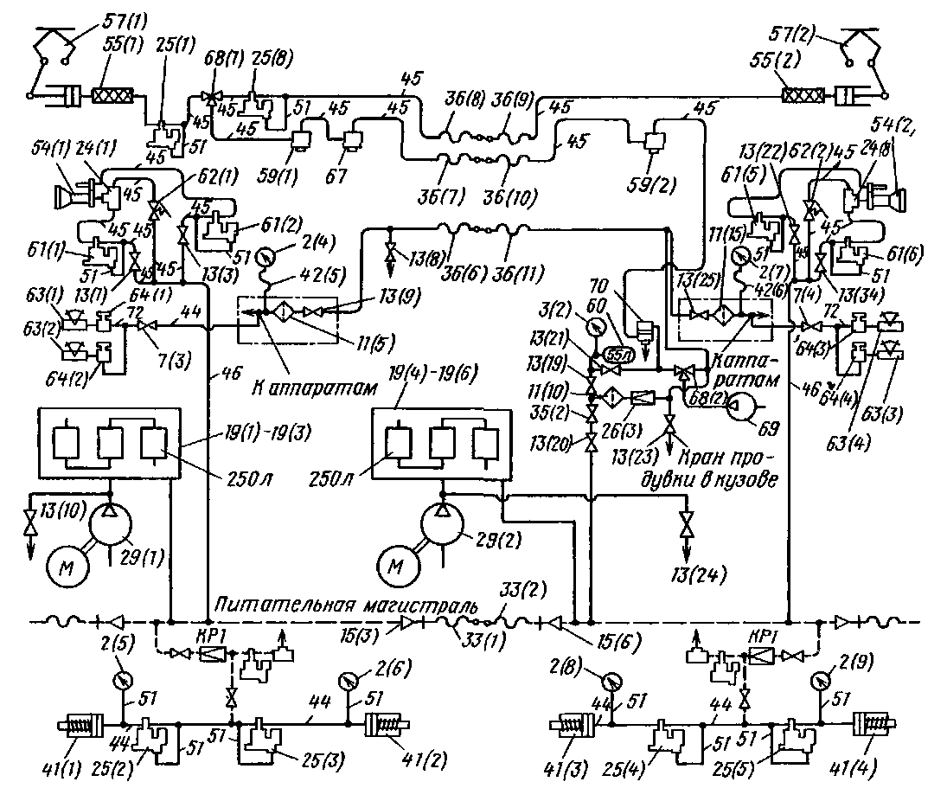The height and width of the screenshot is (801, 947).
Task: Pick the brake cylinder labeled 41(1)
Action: click(80, 725)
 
